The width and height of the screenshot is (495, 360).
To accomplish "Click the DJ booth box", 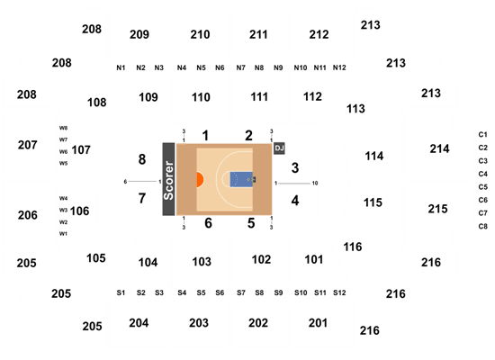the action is point(279,148).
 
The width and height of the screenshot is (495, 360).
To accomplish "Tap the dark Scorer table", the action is point(168,179).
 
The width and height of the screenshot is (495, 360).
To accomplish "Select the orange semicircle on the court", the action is point(200,179).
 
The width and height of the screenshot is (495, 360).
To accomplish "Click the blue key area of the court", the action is point(241,179).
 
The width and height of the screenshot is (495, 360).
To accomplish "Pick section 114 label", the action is point(374,156).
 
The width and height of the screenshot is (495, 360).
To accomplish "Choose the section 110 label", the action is point(201,97).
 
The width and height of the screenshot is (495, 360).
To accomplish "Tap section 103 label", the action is point(202,262).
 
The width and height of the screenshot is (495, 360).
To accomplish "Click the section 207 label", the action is point(28,145).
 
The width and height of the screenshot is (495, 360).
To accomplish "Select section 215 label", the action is point(437,209).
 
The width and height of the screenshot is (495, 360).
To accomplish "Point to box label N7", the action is point(241,67).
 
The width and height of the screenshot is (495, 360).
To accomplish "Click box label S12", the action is point(339,292).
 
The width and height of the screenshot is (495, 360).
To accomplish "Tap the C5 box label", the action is point(483,187).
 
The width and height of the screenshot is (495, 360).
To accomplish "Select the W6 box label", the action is point(64,151).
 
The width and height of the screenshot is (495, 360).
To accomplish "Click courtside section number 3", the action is point(295,168).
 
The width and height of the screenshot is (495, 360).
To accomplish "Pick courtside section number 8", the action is point(142,159).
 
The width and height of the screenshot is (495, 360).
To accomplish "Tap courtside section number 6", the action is point(208,223).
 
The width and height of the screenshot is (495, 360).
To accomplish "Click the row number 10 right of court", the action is point(315,184).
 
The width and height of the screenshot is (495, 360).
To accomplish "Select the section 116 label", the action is point(353,247).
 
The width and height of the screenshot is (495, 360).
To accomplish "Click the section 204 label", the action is point(139,323).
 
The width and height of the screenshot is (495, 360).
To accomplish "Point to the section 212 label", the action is point(319,34).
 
